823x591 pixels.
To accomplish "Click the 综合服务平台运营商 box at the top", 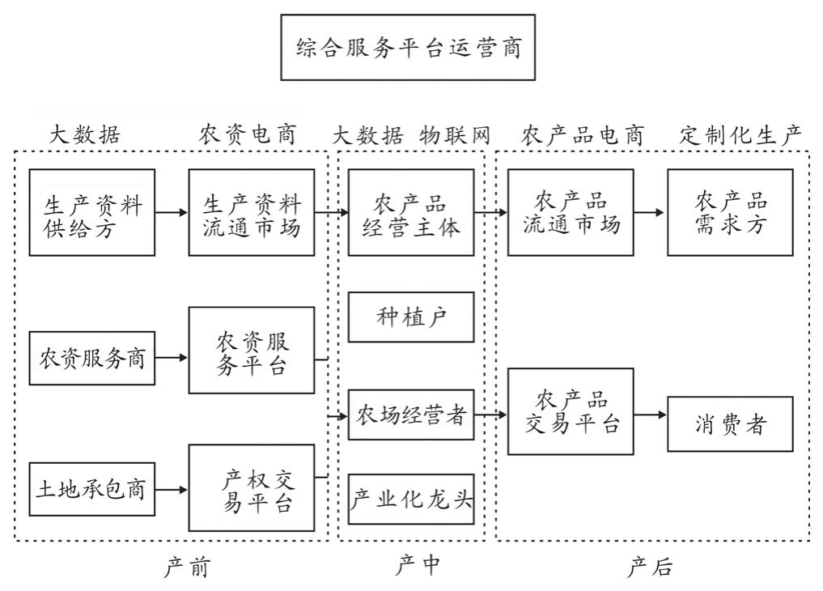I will pyautogui.click(x=408, y=47).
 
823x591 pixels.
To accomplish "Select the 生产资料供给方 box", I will pyautogui.click(x=91, y=212).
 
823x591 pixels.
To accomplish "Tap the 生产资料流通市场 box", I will pyautogui.click(x=252, y=212).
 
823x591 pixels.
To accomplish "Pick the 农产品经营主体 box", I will pyautogui.click(x=411, y=212).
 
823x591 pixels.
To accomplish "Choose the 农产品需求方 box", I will pyautogui.click(x=730, y=212).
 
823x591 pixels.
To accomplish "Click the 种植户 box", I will pyautogui.click(x=411, y=317).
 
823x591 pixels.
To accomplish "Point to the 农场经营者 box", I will pyautogui.click(x=411, y=415).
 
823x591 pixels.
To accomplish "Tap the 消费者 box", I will pyautogui.click(x=730, y=423).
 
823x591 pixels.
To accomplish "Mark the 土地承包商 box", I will pyautogui.click(x=91, y=489).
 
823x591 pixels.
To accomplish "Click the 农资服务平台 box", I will pyautogui.click(x=252, y=350).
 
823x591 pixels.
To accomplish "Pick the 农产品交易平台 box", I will pyautogui.click(x=571, y=411).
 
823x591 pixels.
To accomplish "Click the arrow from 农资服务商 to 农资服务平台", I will pyautogui.click(x=172, y=356).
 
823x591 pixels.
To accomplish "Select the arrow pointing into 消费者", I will pyautogui.click(x=651, y=415).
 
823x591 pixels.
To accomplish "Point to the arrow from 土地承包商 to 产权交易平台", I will pyautogui.click(x=172, y=489).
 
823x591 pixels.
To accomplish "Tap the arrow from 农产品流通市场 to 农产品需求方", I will pyautogui.click(x=651, y=212).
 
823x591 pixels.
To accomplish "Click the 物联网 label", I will pyautogui.click(x=455, y=135).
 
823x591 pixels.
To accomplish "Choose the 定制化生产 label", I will pyautogui.click(x=740, y=135).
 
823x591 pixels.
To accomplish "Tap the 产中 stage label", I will pyautogui.click(x=418, y=566).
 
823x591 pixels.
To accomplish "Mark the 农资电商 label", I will pyautogui.click(x=248, y=135).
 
